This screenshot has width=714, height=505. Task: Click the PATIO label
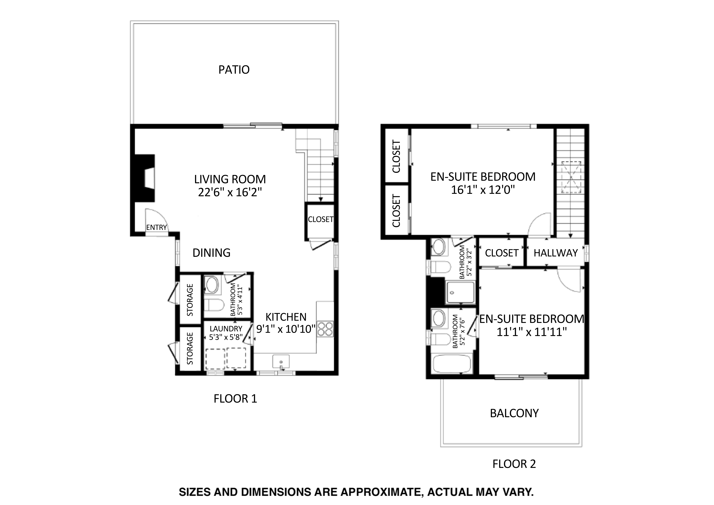[x=234, y=70]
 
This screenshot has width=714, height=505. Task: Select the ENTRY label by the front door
[x=156, y=227]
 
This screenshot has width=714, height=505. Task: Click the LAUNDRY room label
[x=226, y=329]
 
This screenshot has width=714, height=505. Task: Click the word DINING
[x=212, y=253]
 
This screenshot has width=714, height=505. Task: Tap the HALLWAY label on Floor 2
[x=555, y=253]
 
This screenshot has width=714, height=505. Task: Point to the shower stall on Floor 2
[x=460, y=292]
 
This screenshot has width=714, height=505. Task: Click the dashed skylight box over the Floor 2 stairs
[x=571, y=177]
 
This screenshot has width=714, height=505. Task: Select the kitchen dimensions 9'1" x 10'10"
[x=286, y=329]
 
